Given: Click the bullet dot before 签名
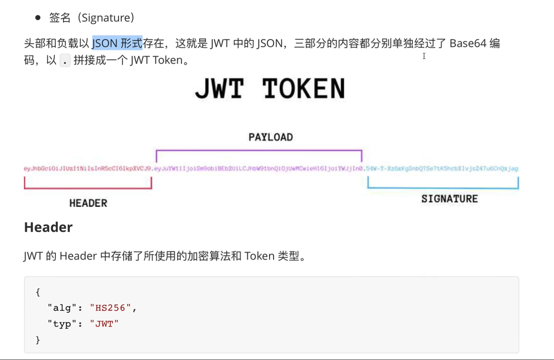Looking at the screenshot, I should point(38,17).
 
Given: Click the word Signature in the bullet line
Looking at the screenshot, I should point(107,17).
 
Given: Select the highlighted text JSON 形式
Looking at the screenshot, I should point(117,43).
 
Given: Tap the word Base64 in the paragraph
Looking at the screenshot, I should point(468,43).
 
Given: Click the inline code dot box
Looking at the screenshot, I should point(65,60).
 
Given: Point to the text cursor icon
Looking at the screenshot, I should point(424,56).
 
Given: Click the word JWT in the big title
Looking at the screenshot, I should point(219,89).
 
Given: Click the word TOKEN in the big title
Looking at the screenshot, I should point(304,89).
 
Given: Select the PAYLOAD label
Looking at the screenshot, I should point(271,137).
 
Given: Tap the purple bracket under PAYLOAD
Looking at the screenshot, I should point(259,151).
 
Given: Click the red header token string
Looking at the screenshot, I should point(87,169).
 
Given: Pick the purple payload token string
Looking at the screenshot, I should point(259,169).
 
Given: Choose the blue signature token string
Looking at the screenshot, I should point(442,169).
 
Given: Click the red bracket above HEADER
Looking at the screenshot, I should point(88,188).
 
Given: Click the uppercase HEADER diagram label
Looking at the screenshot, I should point(88,203).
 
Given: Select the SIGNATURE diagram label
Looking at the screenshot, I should point(450,199).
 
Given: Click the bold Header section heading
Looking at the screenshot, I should point(48,227).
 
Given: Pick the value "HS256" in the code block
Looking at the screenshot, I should point(110,308).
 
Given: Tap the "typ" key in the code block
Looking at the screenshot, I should point(62,324).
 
